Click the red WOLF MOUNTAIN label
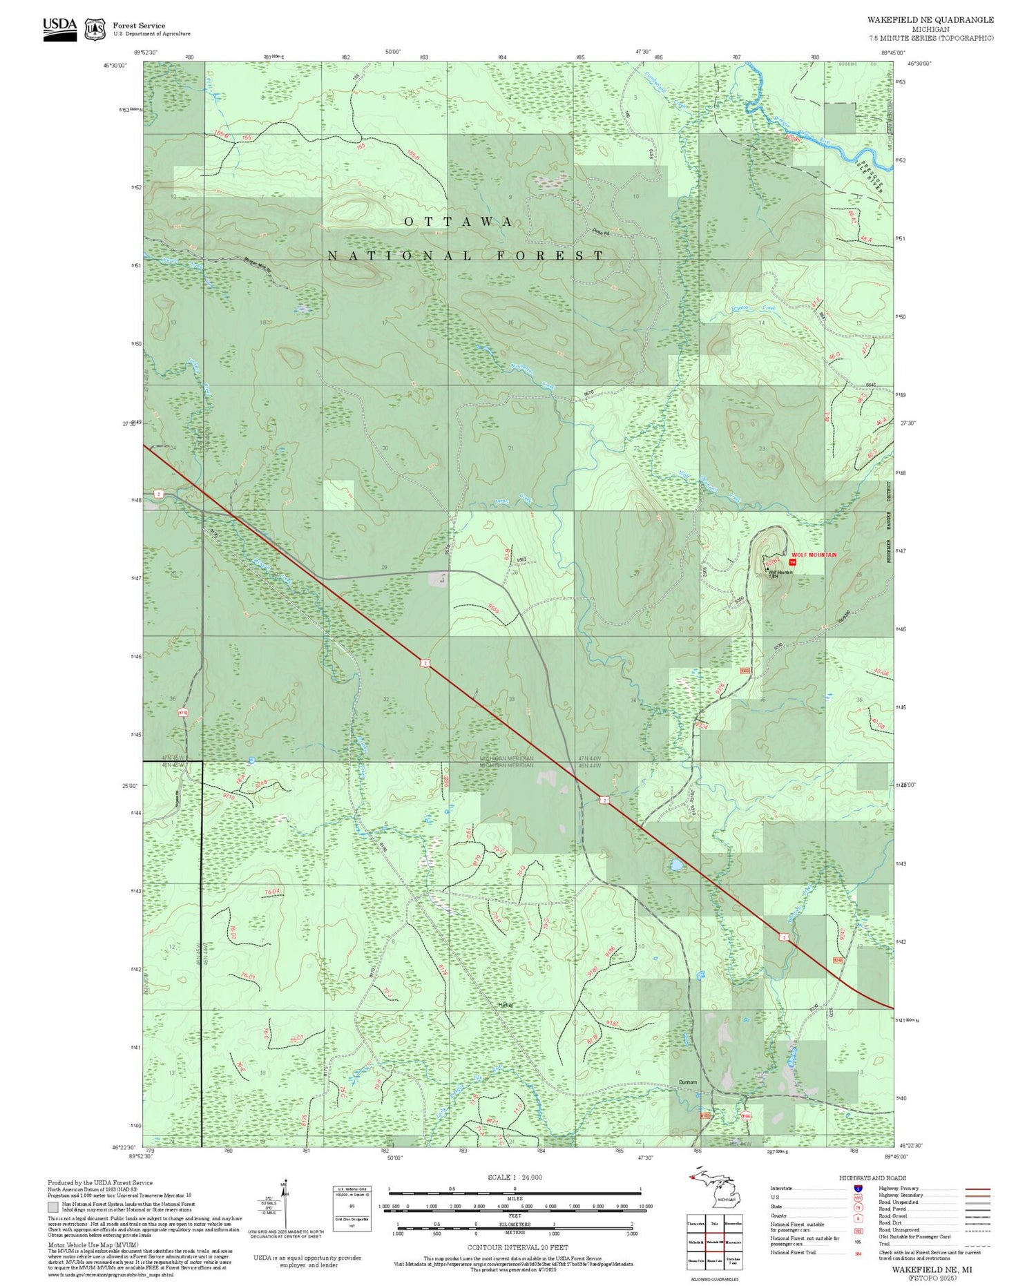click(814, 555)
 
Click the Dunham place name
click(688, 1082)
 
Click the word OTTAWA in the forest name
click(459, 222)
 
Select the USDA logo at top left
click(60, 28)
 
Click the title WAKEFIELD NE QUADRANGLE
click(930, 20)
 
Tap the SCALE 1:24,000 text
click(515, 1178)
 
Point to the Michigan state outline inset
click(711, 1193)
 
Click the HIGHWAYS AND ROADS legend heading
click(872, 1178)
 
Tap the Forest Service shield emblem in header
click(95, 29)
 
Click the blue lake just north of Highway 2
click(675, 865)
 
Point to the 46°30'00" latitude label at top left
click(116, 66)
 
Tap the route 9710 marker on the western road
click(183, 712)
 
